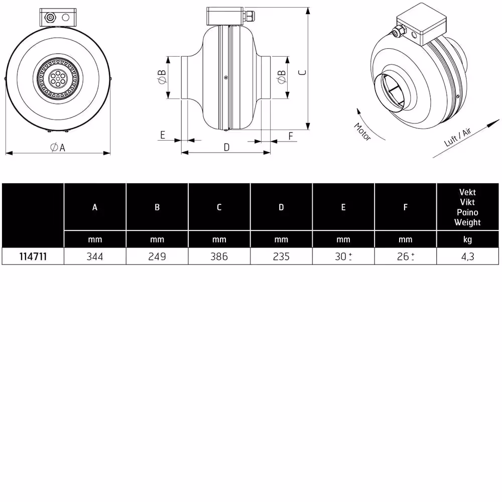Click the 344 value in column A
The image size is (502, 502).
(95, 257)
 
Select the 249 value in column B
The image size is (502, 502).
(157, 257)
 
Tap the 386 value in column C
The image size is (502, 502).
(219, 257)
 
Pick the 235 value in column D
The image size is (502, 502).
(281, 257)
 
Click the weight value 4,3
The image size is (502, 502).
(467, 257)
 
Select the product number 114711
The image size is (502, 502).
(33, 257)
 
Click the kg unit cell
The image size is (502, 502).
(467, 240)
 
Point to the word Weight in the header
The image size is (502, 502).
(467, 222)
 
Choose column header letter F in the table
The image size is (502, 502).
(405, 207)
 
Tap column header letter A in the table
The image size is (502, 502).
(95, 207)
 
